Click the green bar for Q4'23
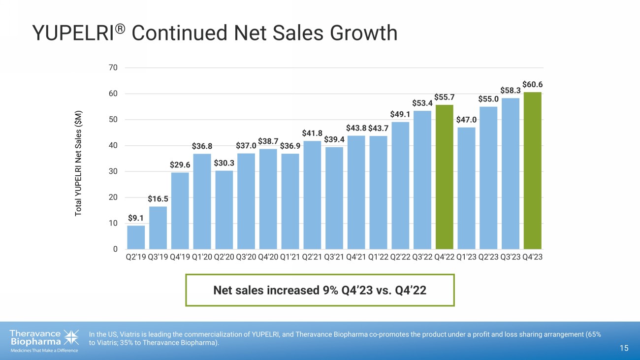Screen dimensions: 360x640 point(532,170)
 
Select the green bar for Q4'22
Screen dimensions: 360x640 point(445,177)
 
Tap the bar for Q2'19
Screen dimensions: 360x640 point(136,237)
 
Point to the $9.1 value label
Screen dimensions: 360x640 point(136,217)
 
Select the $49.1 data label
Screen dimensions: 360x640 point(400,114)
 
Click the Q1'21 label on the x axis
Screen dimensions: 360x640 point(290,257)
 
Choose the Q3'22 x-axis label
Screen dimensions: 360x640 point(422,257)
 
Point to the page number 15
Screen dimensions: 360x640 point(624,349)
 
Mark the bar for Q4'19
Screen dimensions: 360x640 point(180,210)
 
